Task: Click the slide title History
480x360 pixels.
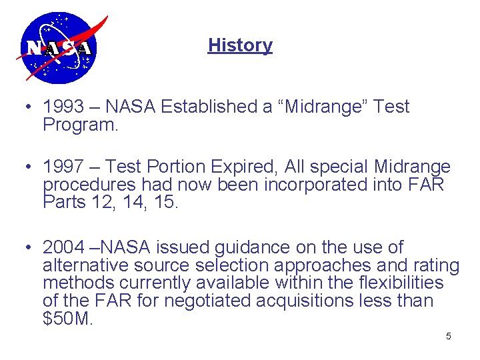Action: pyautogui.click(x=240, y=45)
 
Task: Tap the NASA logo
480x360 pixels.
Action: pyautogui.click(x=59, y=47)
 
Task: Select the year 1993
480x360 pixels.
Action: pyautogui.click(x=63, y=107)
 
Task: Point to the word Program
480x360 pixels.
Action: pyautogui.click(x=80, y=125)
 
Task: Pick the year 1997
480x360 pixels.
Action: pyautogui.click(x=63, y=167)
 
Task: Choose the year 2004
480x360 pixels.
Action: pyautogui.click(x=63, y=248)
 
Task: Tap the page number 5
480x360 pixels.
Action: pyautogui.click(x=448, y=336)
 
